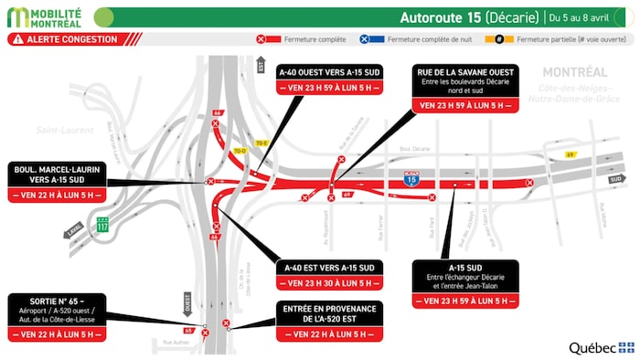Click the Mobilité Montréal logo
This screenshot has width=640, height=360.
pos(46,16)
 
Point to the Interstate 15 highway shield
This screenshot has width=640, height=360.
pos(413,180)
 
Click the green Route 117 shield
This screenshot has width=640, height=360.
pos(103,223)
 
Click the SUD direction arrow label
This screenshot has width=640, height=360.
pos(615,179)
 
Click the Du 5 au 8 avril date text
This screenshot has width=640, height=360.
pos(584,16)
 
